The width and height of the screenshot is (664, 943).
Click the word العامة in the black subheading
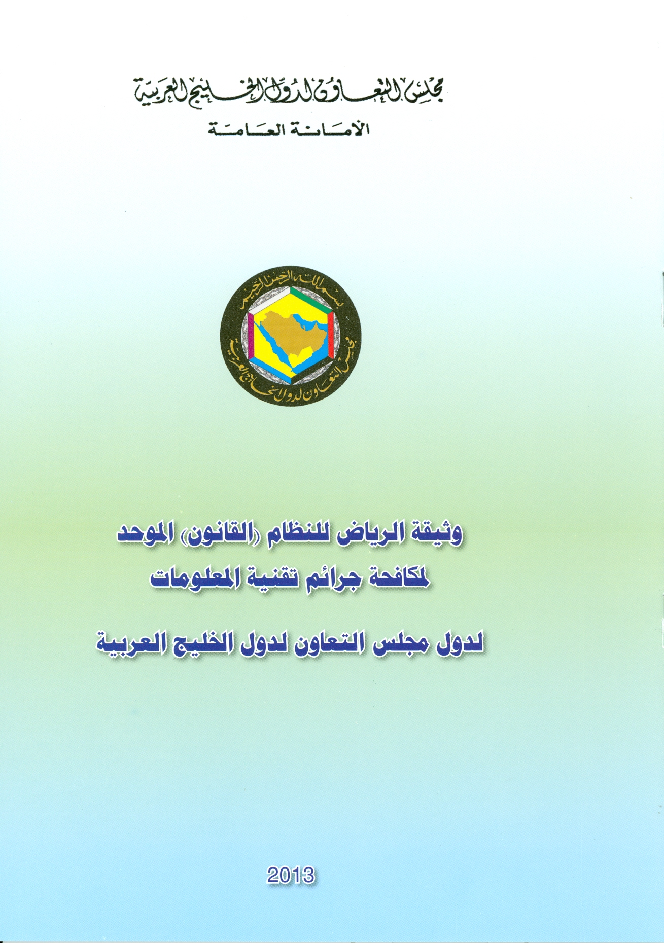239,129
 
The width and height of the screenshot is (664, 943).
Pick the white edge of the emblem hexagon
270,301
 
